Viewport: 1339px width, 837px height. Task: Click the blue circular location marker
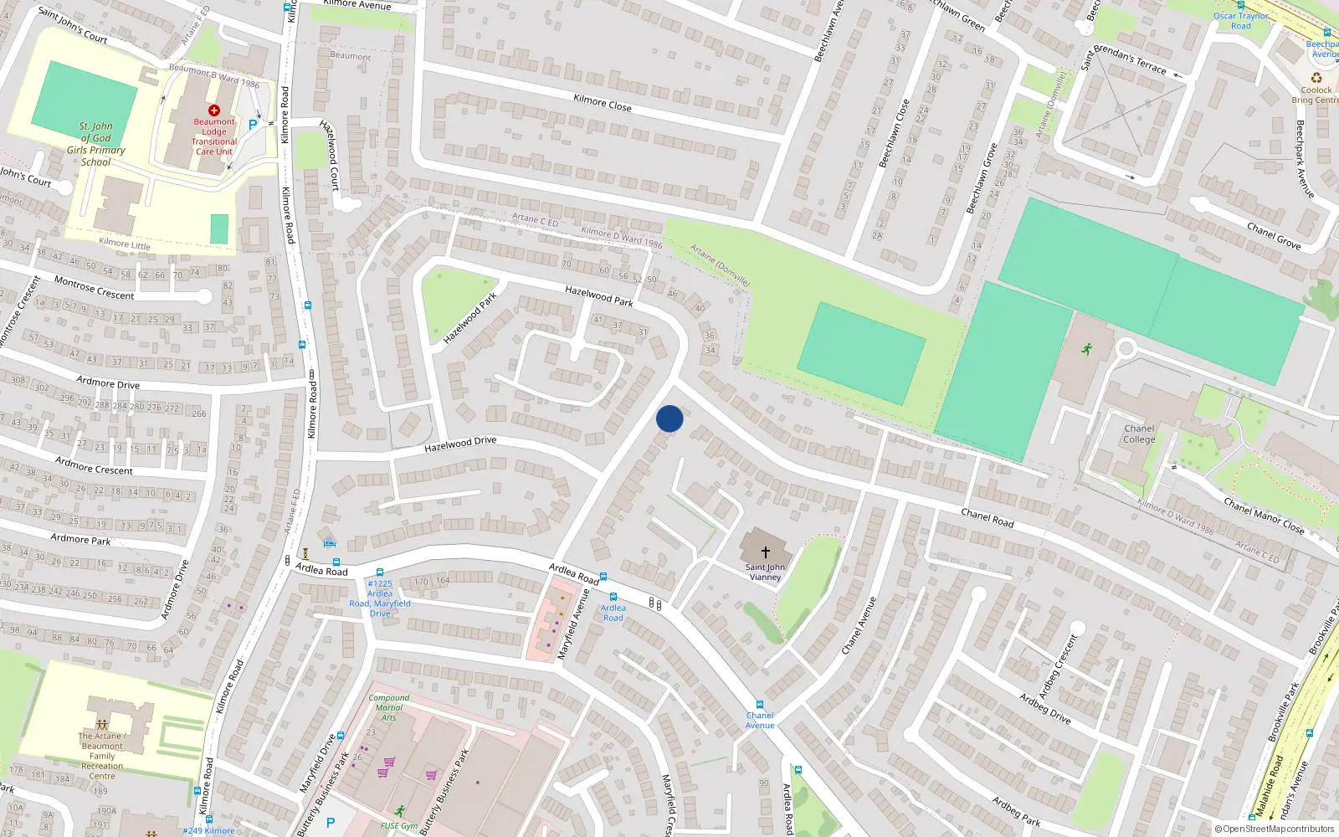(x=669, y=418)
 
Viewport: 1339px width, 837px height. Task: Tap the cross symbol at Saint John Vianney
(x=765, y=552)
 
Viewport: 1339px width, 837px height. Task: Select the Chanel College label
(x=1139, y=434)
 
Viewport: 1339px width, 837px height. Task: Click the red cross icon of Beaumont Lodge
(x=214, y=110)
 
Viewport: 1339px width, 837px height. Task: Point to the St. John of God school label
(x=96, y=144)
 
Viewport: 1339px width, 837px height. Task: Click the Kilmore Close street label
(x=603, y=103)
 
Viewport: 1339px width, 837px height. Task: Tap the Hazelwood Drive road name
(x=460, y=444)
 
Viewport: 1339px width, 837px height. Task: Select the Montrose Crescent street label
(x=94, y=288)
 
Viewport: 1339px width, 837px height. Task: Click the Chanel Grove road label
(x=1273, y=236)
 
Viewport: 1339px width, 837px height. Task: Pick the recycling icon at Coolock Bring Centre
(x=1316, y=78)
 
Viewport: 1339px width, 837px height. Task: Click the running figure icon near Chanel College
(x=1086, y=349)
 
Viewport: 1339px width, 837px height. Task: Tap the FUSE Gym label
(x=398, y=825)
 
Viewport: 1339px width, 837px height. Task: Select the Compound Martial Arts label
(x=389, y=707)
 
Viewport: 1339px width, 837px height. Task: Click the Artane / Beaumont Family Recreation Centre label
(x=102, y=756)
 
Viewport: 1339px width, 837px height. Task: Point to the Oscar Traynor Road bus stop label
(x=1241, y=21)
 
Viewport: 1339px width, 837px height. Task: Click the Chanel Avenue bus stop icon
(x=760, y=705)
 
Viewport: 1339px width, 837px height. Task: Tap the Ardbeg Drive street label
(x=1044, y=708)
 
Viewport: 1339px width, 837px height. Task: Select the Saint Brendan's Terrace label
(x=1123, y=57)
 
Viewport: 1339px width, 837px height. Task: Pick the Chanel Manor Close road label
(x=1264, y=516)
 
